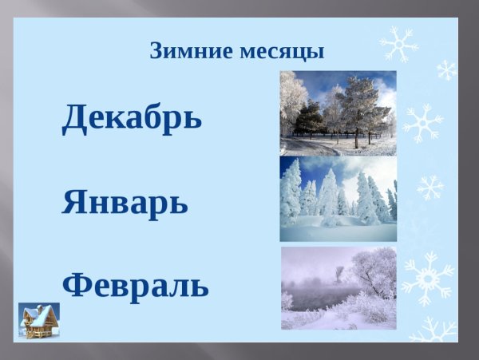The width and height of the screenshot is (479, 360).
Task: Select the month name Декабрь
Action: coord(132,117)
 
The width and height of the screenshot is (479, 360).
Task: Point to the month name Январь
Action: coord(125,203)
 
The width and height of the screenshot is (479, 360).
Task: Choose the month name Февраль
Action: coord(135,284)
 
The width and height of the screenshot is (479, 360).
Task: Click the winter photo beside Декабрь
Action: coord(338,113)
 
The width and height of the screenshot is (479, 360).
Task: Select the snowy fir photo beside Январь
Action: coord(338,199)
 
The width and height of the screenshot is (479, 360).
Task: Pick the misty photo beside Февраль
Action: coord(338,287)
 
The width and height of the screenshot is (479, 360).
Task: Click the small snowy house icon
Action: coord(39,321)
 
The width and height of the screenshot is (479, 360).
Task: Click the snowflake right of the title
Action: coord(398,44)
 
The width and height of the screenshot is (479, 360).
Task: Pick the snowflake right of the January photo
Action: coord(430,188)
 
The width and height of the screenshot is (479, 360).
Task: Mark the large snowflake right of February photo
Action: coord(427,278)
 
